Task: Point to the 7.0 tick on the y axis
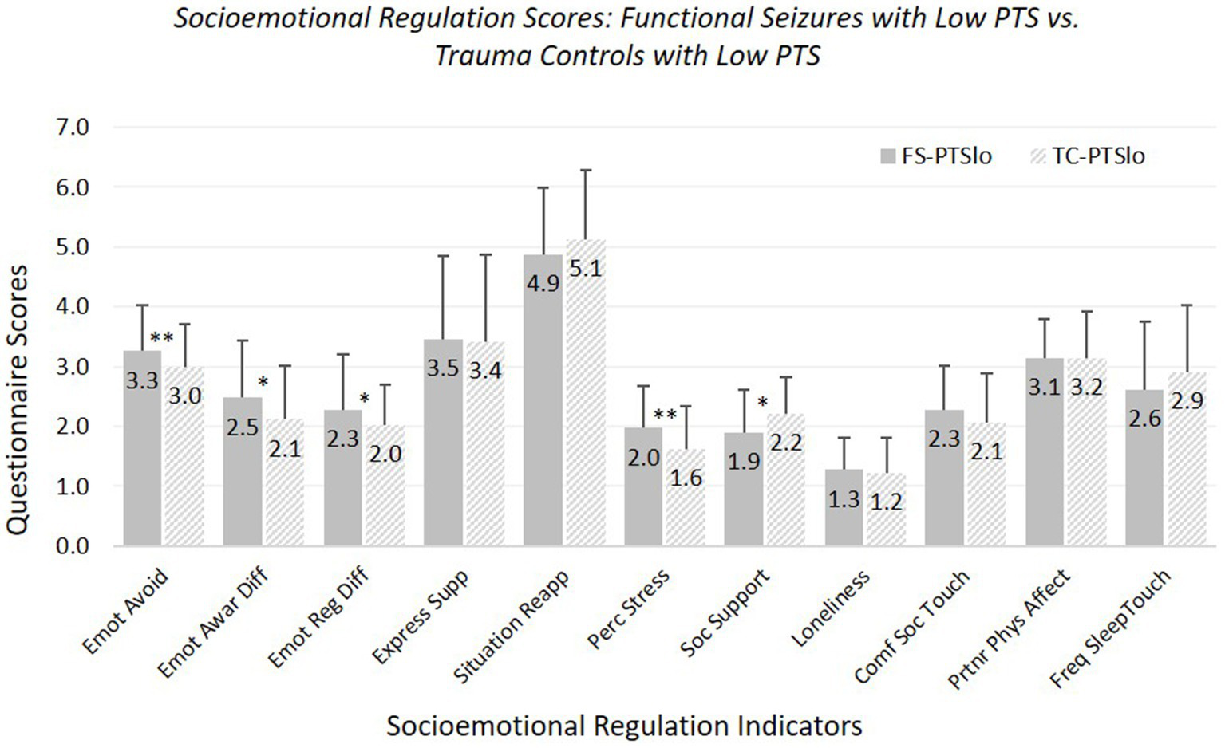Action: tap(73, 127)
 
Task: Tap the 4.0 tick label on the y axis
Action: tap(73, 306)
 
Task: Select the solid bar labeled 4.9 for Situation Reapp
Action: tap(543, 399)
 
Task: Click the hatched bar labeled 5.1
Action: tap(586, 391)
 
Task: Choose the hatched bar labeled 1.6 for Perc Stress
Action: tap(686, 498)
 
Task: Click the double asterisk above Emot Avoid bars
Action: tap(162, 339)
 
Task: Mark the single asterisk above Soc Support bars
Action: tap(763, 403)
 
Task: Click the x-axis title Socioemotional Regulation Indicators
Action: tap(624, 726)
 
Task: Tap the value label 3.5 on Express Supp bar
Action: tap(443, 368)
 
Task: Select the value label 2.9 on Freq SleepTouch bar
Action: tap(1187, 400)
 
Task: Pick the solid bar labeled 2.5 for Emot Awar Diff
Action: tap(243, 470)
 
